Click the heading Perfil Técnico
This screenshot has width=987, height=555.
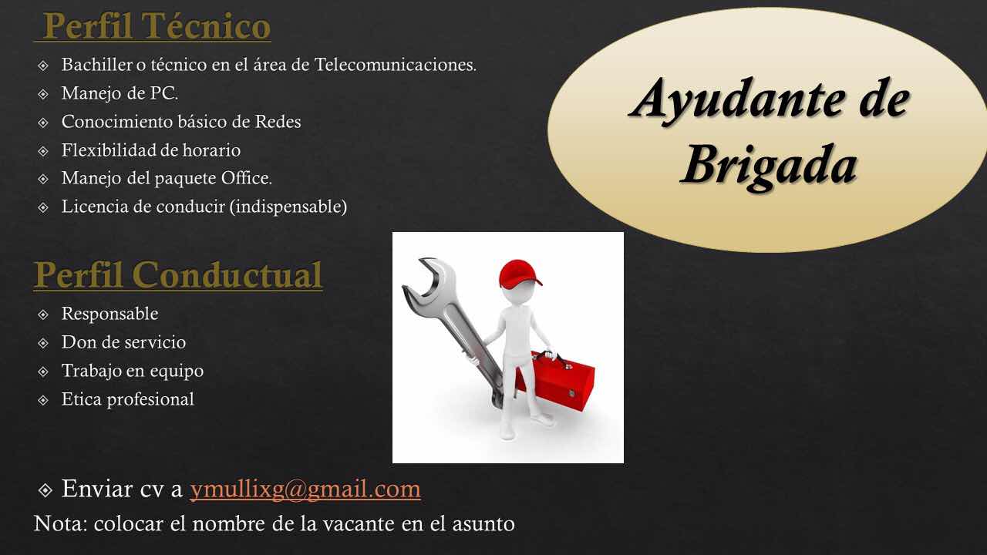(157, 26)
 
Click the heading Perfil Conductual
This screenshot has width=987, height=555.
(178, 275)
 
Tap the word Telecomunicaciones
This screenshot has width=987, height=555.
(396, 64)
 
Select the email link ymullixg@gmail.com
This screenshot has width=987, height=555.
(305, 489)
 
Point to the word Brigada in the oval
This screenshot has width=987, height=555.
(769, 166)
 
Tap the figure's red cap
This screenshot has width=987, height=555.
(520, 274)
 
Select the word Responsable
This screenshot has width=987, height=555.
(109, 314)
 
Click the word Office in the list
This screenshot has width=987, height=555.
(246, 178)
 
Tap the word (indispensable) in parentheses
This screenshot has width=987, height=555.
(288, 207)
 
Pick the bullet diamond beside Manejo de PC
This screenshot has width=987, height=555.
(43, 94)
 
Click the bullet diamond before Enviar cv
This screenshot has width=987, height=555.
(45, 489)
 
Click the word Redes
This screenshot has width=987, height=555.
(278, 122)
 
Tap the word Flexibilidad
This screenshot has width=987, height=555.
(108, 150)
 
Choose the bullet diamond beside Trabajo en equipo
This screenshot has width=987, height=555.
(43, 372)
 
